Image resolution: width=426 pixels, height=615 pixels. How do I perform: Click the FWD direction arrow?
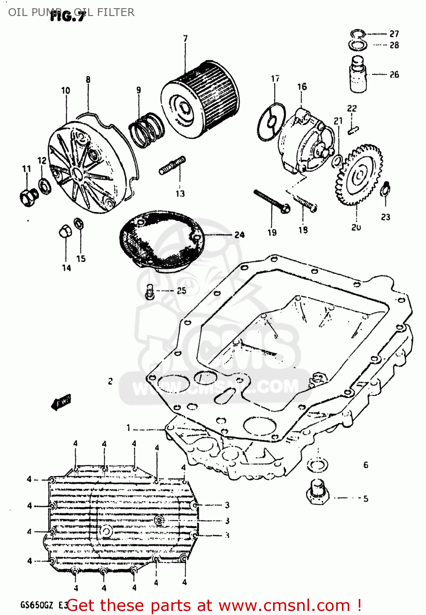[61, 402]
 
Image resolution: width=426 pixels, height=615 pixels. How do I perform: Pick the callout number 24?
[239, 235]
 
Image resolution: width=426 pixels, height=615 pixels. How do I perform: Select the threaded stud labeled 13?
[172, 165]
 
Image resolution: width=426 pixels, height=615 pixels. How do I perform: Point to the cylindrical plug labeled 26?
[358, 74]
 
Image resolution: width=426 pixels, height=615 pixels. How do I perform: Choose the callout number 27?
[394, 34]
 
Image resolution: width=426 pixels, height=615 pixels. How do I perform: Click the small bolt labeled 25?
[150, 291]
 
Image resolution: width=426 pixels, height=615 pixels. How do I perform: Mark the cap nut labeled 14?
[65, 232]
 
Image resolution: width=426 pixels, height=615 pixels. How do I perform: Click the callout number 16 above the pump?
[302, 87]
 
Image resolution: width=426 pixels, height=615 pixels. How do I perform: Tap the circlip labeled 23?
[385, 189]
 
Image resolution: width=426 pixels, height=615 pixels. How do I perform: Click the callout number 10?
[66, 90]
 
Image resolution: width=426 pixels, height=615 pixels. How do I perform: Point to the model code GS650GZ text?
[36, 605]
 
